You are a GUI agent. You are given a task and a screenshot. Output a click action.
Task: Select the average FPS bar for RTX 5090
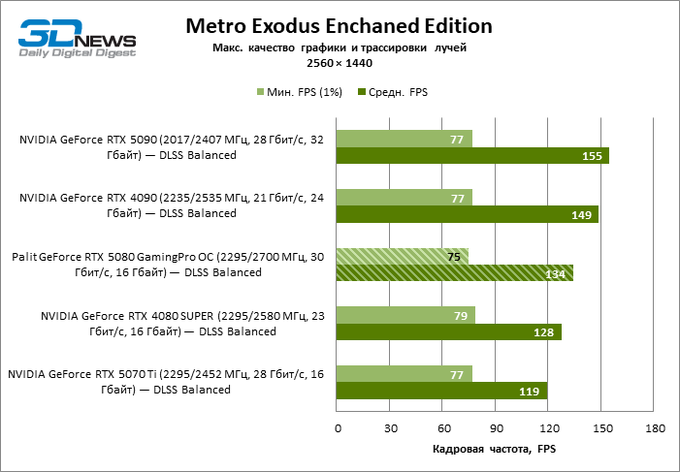(x=472, y=155)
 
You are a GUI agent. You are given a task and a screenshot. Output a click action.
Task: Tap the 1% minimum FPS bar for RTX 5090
(x=404, y=139)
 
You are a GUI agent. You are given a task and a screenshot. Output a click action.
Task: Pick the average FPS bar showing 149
(x=467, y=214)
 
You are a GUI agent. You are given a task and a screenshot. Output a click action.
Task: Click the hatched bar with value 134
(x=454, y=273)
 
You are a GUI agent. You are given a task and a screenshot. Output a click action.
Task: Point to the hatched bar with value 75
(x=402, y=257)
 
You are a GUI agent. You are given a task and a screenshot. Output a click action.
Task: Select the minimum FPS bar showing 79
(x=405, y=315)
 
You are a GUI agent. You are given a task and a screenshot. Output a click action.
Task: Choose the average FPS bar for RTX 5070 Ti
(x=441, y=391)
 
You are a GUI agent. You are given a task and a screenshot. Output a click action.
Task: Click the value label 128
(x=543, y=332)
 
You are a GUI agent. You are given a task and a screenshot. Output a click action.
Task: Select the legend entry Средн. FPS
(x=392, y=93)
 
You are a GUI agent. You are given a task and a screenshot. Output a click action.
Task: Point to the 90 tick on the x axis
(x=496, y=428)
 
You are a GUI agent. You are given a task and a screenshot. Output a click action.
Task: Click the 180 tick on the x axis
(x=654, y=428)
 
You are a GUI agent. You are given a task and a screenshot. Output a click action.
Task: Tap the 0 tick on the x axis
(x=338, y=428)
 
